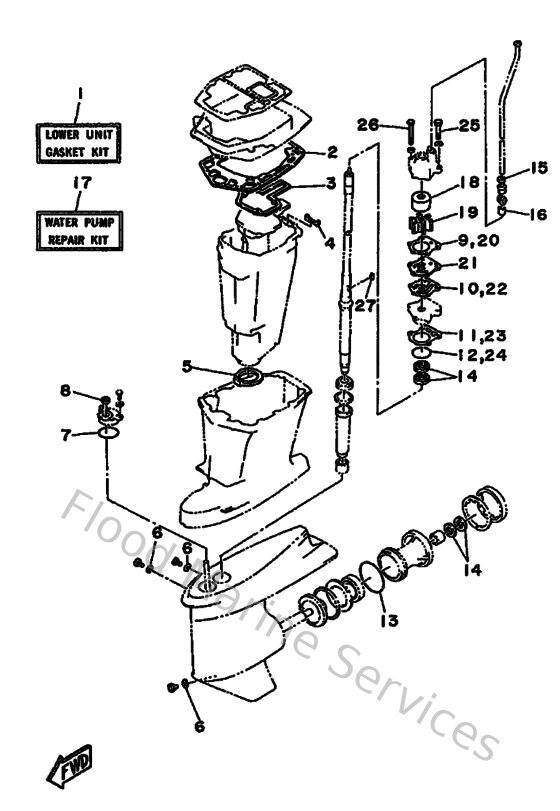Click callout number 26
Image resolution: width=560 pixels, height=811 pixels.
[368, 126]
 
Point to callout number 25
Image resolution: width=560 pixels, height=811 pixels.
[470, 126]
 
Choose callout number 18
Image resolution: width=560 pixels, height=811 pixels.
[469, 183]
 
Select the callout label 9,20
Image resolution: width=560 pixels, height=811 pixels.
[478, 241]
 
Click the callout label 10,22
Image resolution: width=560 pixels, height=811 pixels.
[482, 288]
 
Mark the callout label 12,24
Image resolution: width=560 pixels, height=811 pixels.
[482, 354]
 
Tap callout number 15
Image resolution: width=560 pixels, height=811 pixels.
[539, 168]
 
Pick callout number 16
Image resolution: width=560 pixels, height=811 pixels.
[539, 212]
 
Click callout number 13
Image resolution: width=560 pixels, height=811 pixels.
[388, 620]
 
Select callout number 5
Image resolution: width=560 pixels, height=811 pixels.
[186, 366]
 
